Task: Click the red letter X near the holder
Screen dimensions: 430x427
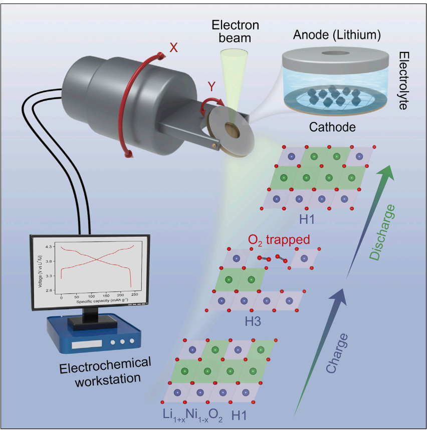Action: tap(173, 48)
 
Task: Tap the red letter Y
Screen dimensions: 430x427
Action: tap(212, 86)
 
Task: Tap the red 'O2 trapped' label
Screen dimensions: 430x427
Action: tap(279, 240)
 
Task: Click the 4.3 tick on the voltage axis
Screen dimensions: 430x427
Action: tap(50, 247)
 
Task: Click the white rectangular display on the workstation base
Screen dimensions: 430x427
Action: tap(86, 345)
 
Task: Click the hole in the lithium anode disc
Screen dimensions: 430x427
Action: tap(332, 52)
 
